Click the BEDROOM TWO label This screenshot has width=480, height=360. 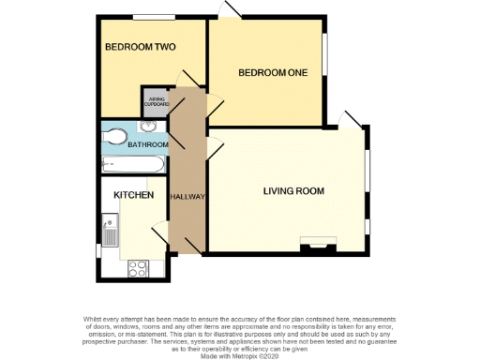140,47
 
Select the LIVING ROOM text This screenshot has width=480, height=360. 293,191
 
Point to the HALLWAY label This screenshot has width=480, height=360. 187,196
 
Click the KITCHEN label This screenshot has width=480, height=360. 133,194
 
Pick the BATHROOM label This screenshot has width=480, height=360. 147,144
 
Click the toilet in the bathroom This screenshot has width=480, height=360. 114,136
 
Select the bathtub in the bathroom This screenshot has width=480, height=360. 132,164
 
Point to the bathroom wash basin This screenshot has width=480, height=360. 149,126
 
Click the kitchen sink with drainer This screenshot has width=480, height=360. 112,231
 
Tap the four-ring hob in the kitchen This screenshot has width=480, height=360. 137,267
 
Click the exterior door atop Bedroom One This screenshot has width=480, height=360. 230,10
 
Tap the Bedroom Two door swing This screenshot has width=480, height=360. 190,78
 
